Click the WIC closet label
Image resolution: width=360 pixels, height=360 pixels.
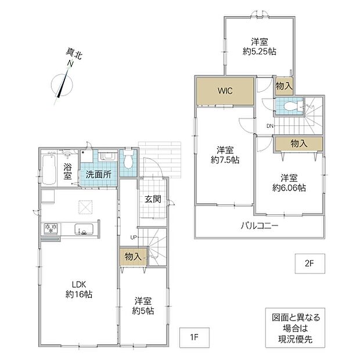[225, 91]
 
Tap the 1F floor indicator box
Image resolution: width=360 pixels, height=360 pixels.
[195, 337]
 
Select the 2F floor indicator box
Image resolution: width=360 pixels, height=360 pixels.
[309, 264]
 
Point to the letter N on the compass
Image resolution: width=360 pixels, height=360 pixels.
[70, 64]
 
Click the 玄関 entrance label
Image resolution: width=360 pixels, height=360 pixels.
[153, 199]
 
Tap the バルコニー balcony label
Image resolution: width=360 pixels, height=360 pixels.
[260, 226]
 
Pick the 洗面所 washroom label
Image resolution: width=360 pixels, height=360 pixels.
[99, 175]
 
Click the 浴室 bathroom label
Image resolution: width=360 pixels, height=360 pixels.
[67, 171]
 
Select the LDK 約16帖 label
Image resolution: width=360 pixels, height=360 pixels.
[79, 289]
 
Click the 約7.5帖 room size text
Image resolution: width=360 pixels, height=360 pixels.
[225, 160]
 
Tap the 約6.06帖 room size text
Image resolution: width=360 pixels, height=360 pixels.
[289, 188]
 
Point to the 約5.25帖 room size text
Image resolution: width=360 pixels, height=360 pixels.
[260, 52]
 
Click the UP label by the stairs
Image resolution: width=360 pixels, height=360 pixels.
[134, 237]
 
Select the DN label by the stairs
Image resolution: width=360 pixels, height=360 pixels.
[270, 126]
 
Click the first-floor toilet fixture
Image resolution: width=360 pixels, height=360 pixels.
[128, 159]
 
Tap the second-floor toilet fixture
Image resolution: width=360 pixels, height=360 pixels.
[293, 106]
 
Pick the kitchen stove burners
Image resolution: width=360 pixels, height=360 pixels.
[51, 229]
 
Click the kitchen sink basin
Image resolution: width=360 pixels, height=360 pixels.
[84, 229]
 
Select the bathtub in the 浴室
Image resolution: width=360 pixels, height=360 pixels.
[49, 170]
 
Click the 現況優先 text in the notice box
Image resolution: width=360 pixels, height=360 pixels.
[295, 339]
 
